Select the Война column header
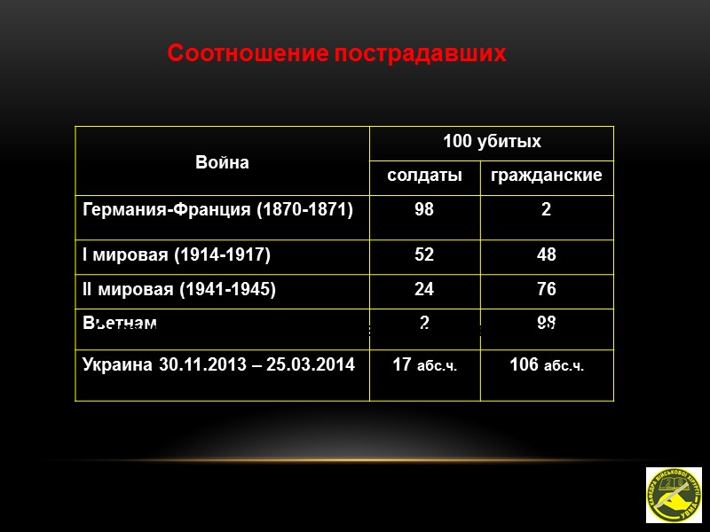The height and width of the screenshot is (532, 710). click(x=222, y=162)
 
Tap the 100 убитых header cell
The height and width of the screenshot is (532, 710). click(x=492, y=142)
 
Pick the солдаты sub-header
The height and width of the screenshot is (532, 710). click(x=424, y=176)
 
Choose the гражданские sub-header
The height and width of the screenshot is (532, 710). click(x=546, y=176)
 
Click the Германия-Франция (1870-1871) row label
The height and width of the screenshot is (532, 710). click(x=217, y=210)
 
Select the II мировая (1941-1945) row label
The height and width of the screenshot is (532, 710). click(x=179, y=289)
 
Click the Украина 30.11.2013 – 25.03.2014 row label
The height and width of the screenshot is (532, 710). click(x=217, y=364)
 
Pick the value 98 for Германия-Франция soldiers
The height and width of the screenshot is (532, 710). click(x=424, y=210)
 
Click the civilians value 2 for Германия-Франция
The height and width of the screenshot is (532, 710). click(x=546, y=210)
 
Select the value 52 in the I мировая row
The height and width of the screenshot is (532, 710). click(x=424, y=254)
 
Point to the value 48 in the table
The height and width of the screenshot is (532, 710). click(x=546, y=254)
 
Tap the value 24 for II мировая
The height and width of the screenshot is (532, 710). click(x=424, y=289)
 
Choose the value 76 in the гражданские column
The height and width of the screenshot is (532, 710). click(x=546, y=289)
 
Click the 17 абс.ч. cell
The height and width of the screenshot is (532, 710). click(x=424, y=365)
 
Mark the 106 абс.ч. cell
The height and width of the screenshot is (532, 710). click(x=546, y=365)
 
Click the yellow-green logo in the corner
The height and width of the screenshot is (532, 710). click(x=673, y=495)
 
